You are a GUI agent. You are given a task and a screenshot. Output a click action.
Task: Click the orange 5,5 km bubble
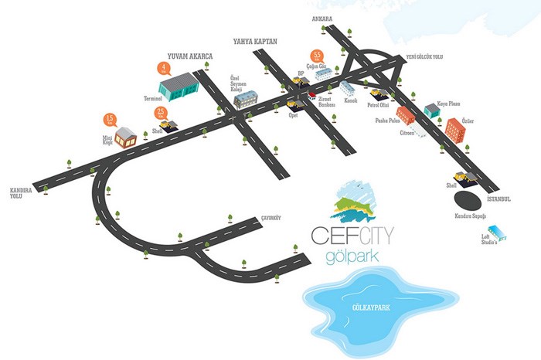pyautogui.click(x=318, y=56)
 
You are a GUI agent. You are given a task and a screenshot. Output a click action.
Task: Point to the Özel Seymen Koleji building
pyautogui.click(x=247, y=99)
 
